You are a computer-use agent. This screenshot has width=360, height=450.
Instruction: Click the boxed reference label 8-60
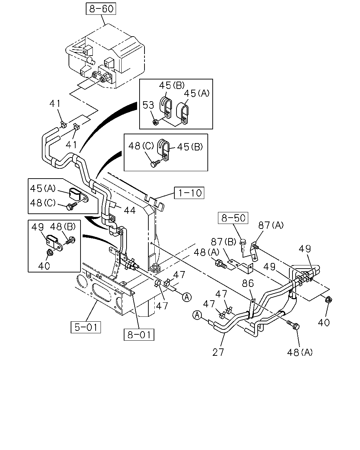[x=101, y=9]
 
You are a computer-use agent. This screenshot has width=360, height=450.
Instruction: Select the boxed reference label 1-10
[x=189, y=193]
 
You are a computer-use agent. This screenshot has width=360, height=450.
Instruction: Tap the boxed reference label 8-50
[x=233, y=218]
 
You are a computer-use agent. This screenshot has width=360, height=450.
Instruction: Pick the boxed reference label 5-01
[x=86, y=327]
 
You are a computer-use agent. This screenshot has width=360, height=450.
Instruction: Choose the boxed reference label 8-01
[x=139, y=335]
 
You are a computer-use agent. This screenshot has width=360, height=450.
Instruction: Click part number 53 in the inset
[x=148, y=105]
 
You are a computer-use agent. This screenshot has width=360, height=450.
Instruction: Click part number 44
[x=130, y=210]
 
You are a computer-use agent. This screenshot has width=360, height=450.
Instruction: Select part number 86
[x=248, y=284]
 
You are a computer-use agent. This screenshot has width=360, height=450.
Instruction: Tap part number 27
[x=218, y=352]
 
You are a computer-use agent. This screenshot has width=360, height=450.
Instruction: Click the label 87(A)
[x=271, y=225]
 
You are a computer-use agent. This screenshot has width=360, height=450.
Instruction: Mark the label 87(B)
[x=223, y=242]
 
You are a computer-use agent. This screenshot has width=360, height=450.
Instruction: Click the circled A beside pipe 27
[x=197, y=315]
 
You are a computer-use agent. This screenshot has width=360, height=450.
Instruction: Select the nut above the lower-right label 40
[x=329, y=300]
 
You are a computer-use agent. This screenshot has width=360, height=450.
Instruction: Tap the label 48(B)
[x=63, y=226]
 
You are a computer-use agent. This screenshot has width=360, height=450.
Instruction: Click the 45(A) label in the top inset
[x=197, y=94]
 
